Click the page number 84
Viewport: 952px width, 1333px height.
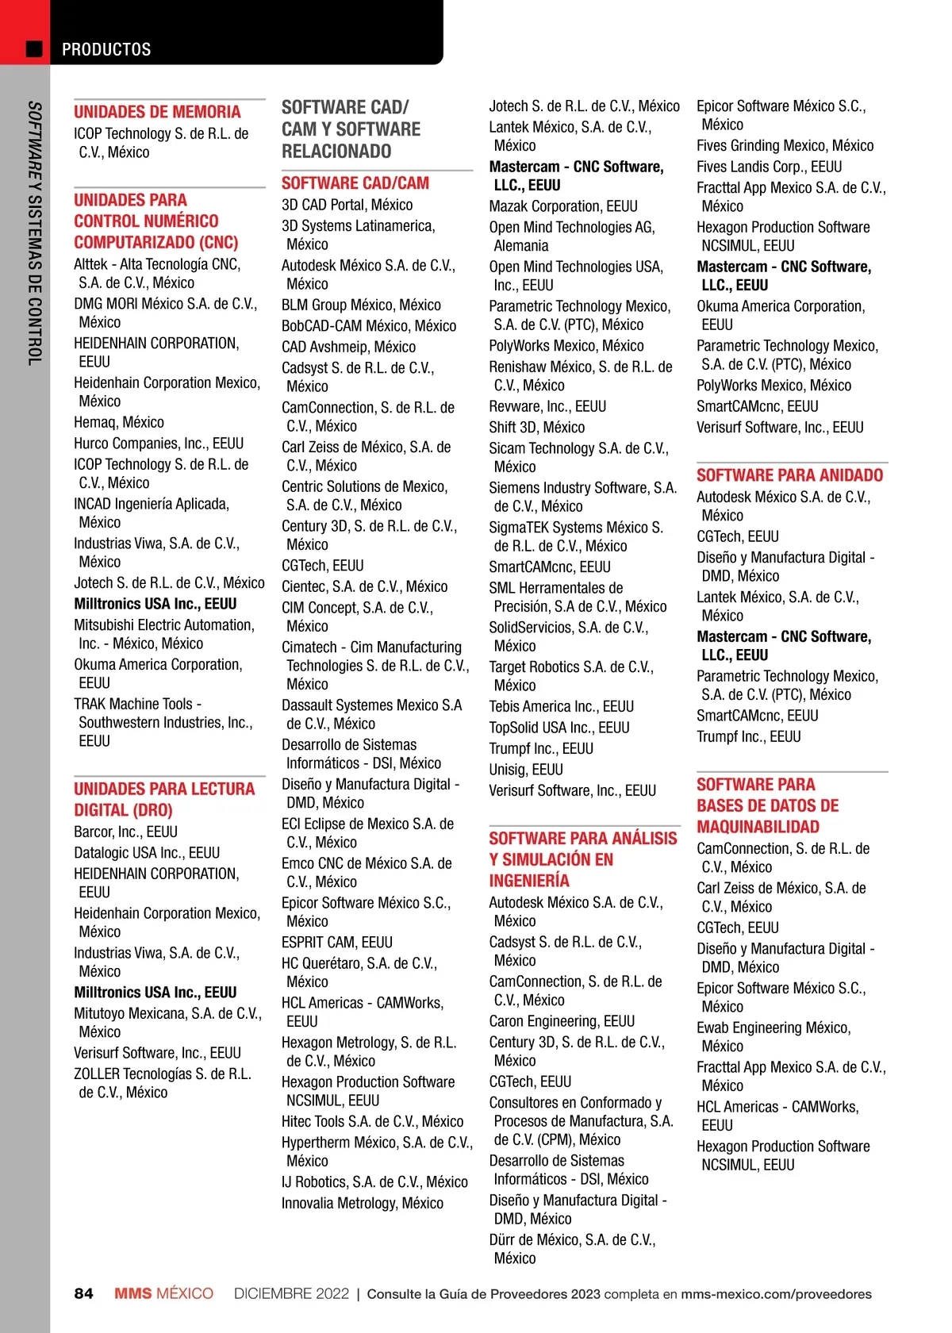tap(83, 1293)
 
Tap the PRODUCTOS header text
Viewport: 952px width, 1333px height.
tap(106, 49)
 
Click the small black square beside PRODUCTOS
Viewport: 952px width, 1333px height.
tap(34, 49)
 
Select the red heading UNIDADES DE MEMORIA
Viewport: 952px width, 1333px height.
tap(157, 112)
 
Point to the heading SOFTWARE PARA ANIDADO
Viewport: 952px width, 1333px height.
tap(789, 475)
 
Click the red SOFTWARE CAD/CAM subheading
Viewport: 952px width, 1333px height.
tap(355, 183)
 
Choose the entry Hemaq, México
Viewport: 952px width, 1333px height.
tap(119, 422)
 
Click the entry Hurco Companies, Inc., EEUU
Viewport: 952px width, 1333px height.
tap(159, 444)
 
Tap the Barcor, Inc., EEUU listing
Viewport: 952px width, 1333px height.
tap(125, 832)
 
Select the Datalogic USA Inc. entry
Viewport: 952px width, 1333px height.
tap(147, 853)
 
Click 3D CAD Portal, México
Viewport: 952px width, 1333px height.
tap(347, 205)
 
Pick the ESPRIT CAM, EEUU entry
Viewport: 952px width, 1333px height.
tap(336, 943)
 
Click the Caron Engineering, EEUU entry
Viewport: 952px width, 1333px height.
tap(562, 1021)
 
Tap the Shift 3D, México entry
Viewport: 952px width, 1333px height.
tap(536, 427)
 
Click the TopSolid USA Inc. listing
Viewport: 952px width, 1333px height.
tap(559, 728)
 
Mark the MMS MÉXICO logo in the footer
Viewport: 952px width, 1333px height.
tap(163, 1293)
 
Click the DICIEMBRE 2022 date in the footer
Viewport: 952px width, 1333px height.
tap(291, 1293)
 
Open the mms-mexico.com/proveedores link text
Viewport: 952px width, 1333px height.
tap(776, 1294)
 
